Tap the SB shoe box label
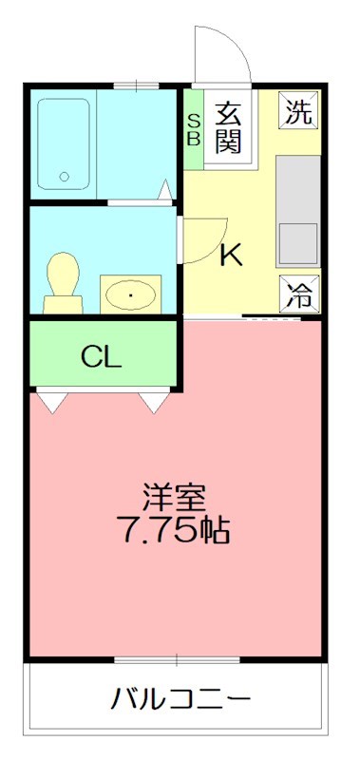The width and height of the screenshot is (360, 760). coord(193,127)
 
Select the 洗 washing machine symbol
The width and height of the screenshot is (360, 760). coord(298,112)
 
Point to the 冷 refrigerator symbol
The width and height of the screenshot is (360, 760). coord(298,294)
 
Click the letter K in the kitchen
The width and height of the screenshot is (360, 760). coord(231,255)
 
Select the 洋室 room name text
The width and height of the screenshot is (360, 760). coord(175,496)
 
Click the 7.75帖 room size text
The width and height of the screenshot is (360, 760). coord(175,528)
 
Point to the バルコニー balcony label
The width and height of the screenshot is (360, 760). coord(180,700)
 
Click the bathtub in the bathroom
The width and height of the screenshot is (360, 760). coord(65,143)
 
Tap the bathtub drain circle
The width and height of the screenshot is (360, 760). coord(65,176)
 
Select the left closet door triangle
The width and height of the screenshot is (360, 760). coord(50,402)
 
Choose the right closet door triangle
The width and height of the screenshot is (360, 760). coord(154,402)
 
